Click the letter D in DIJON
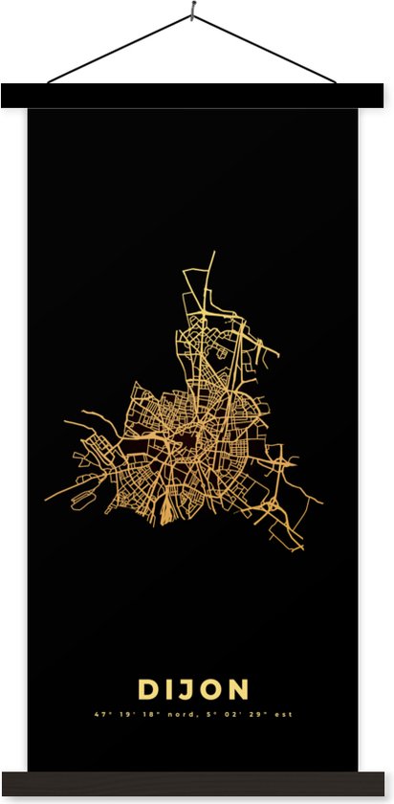148,689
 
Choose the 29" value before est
263,714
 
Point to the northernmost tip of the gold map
213,254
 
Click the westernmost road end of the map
46,501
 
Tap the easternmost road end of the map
322,501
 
